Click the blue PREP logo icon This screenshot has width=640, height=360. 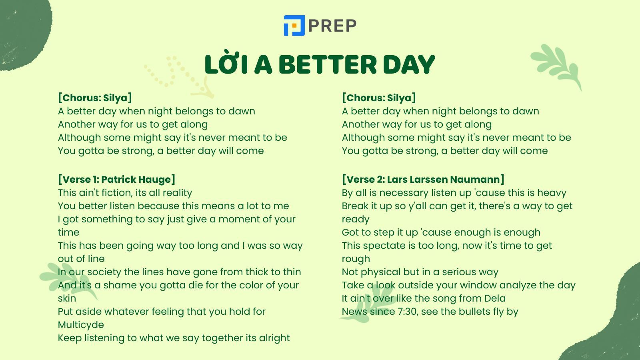pos(294,26)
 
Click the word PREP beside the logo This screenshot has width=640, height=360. pos(332,26)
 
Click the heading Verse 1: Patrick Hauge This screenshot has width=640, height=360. pos(116,180)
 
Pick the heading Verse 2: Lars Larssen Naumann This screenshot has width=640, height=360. pos(423,180)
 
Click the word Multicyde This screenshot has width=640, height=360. pos(81,325)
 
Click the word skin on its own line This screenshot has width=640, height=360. pos(67,298)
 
